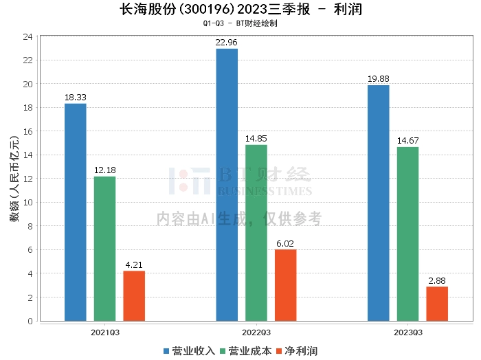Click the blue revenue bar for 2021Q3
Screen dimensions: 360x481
[76, 212]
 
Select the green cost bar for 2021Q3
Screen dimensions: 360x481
[105, 249]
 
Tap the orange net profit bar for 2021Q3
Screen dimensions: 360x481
[135, 296]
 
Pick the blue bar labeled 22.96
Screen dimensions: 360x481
[227, 185]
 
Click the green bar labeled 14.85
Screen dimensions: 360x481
[256, 233]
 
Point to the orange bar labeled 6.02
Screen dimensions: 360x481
[286, 285]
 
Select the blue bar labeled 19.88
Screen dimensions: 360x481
[378, 203]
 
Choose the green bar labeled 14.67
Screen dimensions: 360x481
[407, 234]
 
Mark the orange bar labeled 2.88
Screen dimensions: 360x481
[437, 304]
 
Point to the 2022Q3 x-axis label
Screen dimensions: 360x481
[256, 332]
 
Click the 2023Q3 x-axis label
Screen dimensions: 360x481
[407, 332]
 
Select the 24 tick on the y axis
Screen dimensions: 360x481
[28, 37]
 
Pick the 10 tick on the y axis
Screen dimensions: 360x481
[28, 203]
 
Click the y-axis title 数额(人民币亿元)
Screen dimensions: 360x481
[12, 179]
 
